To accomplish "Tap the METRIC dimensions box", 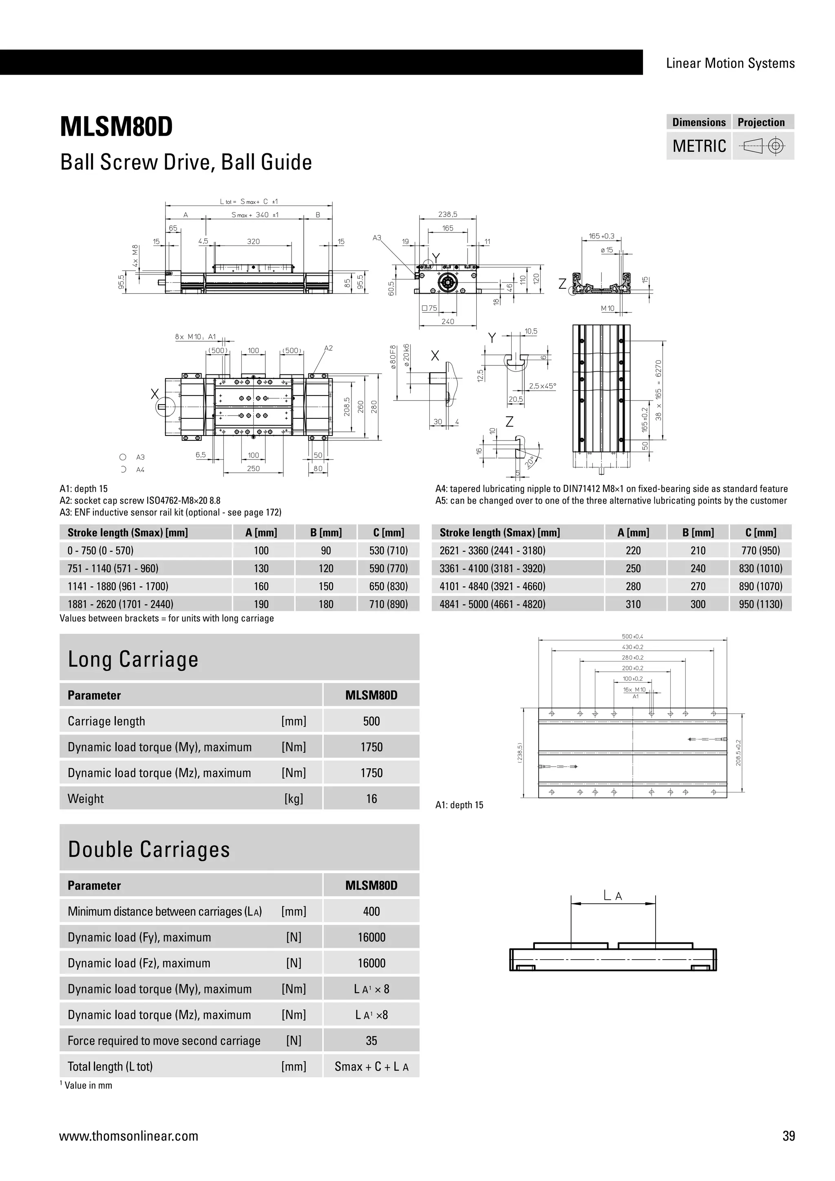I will pyautogui.click(x=699, y=146).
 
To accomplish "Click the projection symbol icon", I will pyautogui.click(x=763, y=146).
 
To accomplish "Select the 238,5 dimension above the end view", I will pyautogui.click(x=447, y=215).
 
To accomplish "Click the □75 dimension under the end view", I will pyautogui.click(x=429, y=308).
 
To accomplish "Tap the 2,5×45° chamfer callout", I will pyautogui.click(x=542, y=386).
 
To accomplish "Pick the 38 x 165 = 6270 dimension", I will pyautogui.click(x=658, y=390).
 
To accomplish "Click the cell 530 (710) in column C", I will pyautogui.click(x=388, y=551).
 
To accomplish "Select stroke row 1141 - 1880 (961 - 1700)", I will pyautogui.click(x=118, y=586).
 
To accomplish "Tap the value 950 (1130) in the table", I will pyautogui.click(x=760, y=604).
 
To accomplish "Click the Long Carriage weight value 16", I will pyautogui.click(x=371, y=799).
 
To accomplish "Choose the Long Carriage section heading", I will pyautogui.click(x=133, y=659).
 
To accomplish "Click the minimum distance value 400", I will pyautogui.click(x=371, y=911).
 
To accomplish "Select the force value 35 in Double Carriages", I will pyautogui.click(x=371, y=1041).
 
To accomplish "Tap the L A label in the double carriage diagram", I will pyautogui.click(x=612, y=896).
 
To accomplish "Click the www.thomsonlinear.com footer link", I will pyautogui.click(x=128, y=1136).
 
